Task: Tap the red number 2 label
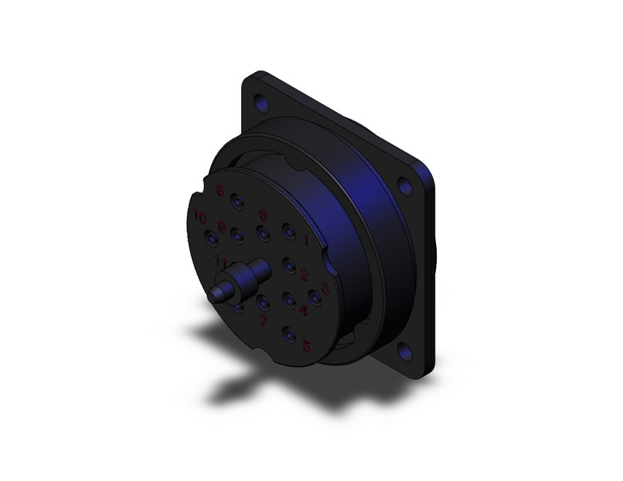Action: [x=304, y=274]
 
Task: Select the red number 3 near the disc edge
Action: [x=325, y=288]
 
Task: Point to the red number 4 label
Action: [x=303, y=311]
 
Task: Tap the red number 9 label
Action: [x=221, y=227]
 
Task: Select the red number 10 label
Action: [x=200, y=218]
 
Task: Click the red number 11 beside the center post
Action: [x=220, y=261]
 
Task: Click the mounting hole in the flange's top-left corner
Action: [x=262, y=105]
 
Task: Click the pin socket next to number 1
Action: [x=289, y=232]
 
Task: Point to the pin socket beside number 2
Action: [x=289, y=265]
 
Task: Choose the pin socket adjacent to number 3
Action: [x=314, y=297]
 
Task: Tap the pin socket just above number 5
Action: [x=289, y=334]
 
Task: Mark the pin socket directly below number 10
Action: [x=211, y=238]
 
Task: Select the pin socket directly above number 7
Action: [x=264, y=303]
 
